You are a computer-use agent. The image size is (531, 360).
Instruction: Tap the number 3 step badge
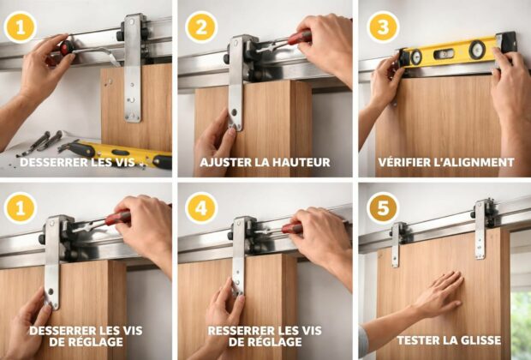[383, 27]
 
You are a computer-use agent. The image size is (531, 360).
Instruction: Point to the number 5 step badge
[383, 208]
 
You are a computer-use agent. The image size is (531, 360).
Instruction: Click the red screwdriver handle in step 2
[299, 38]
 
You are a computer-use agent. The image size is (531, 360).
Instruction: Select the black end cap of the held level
[506, 40]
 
